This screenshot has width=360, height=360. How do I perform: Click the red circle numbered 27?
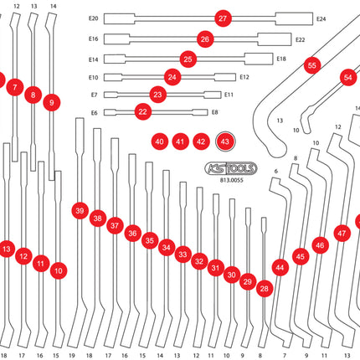(222, 18)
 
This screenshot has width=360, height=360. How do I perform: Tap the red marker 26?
(205, 39)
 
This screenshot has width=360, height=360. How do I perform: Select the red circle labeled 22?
(142, 111)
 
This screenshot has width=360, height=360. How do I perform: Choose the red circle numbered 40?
(159, 142)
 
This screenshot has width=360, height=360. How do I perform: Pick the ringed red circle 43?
(225, 142)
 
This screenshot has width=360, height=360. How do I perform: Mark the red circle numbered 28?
(265, 289)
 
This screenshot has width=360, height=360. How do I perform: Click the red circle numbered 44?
(280, 268)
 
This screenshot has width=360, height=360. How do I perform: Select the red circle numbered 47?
(342, 234)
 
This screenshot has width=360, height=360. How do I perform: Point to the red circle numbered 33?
(183, 255)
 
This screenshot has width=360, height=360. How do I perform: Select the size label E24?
(321, 18)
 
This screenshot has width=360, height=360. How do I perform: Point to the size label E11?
(229, 95)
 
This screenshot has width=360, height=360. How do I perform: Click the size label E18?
(281, 59)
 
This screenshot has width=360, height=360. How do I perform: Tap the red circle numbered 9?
(52, 102)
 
